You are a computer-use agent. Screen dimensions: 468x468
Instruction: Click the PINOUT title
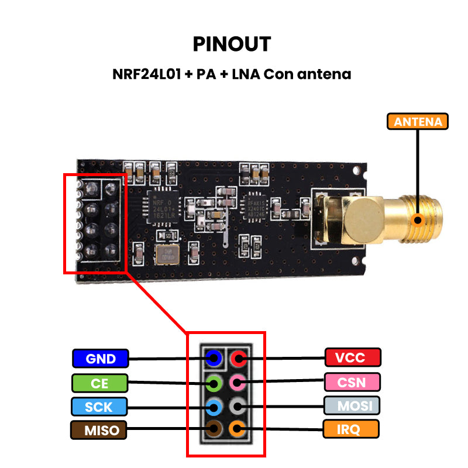click(232, 44)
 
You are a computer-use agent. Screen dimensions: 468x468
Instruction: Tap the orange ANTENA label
click(418, 122)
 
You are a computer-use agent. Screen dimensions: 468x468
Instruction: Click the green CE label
click(99, 383)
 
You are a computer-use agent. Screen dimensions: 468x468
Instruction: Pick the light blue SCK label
click(99, 407)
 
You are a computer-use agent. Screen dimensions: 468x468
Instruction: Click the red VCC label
click(353, 357)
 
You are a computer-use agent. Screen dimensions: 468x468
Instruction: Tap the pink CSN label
click(352, 383)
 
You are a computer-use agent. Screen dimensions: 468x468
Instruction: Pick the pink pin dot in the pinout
click(237, 383)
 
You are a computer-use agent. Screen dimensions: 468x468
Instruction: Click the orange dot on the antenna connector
click(418, 221)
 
